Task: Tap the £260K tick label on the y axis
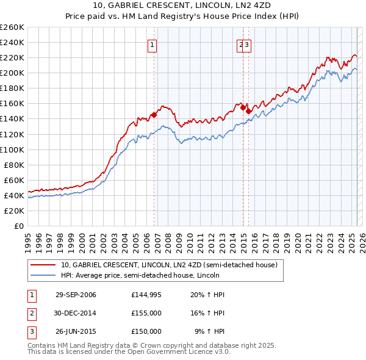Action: [x=12, y=27]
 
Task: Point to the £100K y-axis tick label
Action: [x=12, y=149]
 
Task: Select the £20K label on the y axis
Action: [x=15, y=211]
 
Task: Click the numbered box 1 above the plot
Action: [x=151, y=44]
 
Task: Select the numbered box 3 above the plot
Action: [x=248, y=44]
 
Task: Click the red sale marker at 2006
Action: [x=154, y=114]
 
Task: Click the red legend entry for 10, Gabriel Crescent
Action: [x=169, y=265]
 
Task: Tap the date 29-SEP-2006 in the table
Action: [x=76, y=295]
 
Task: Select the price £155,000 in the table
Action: [x=146, y=313]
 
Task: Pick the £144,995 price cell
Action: [x=146, y=295]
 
